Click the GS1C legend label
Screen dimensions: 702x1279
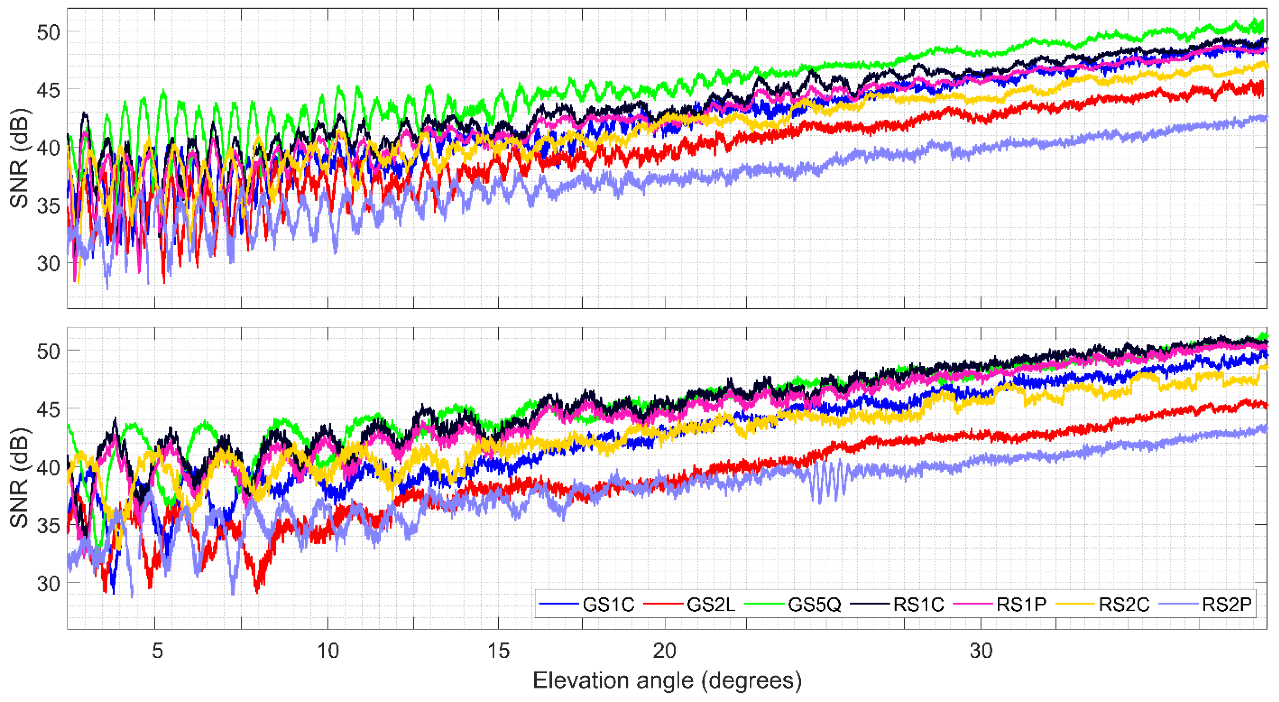[x=608, y=604]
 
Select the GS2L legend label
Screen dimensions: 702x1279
[x=711, y=604]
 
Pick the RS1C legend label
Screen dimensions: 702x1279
[x=918, y=604]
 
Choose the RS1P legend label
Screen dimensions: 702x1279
[x=1021, y=604]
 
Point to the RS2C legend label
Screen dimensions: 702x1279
[x=1124, y=604]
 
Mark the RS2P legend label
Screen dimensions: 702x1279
[x=1227, y=604]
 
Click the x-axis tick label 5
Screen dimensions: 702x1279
[x=157, y=650]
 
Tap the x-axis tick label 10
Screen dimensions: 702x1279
[x=328, y=650]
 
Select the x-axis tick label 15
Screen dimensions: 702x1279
[x=499, y=650]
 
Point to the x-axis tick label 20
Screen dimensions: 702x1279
[x=664, y=650]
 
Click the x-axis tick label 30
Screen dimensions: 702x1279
[x=981, y=650]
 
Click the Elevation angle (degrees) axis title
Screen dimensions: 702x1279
[x=667, y=681]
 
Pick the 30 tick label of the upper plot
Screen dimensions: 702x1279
[x=48, y=264]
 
